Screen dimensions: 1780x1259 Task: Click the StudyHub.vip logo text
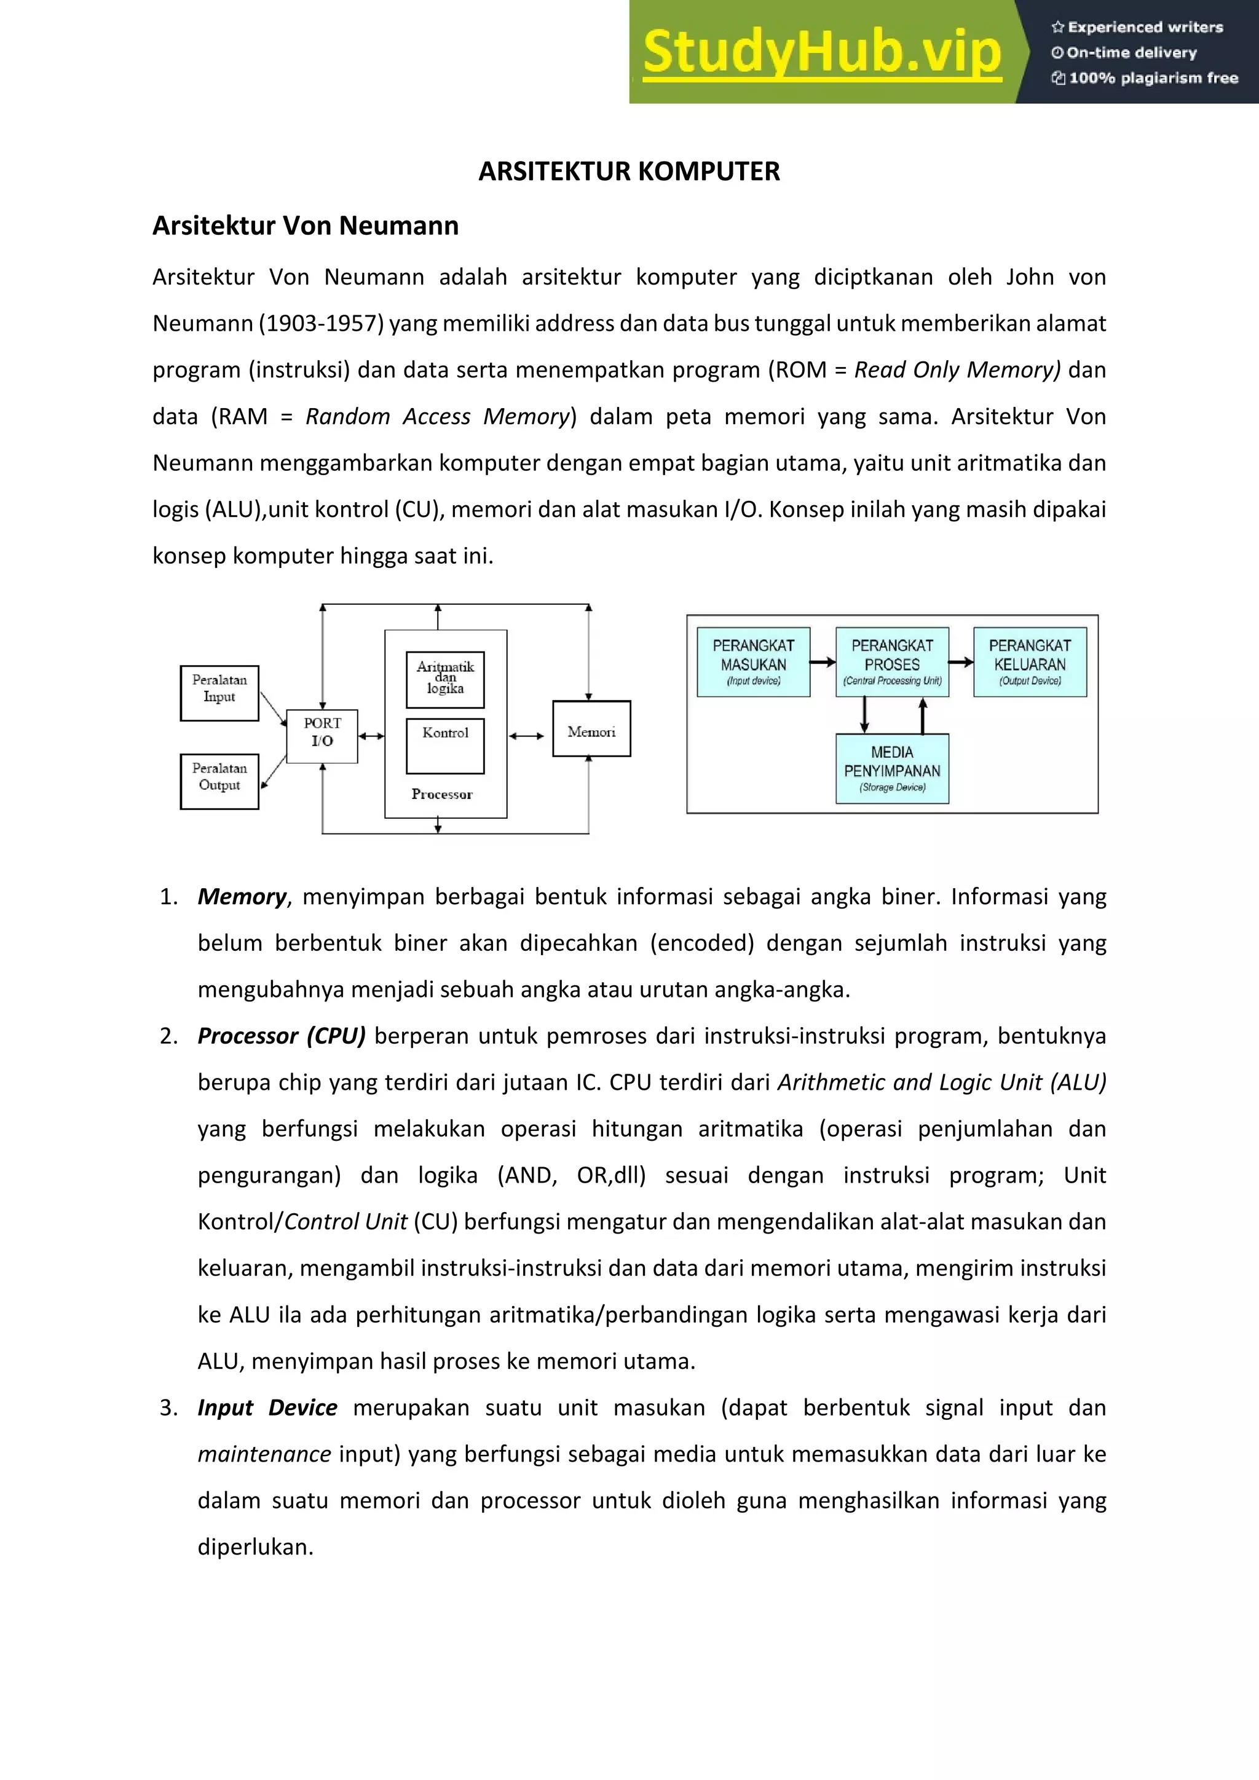(822, 52)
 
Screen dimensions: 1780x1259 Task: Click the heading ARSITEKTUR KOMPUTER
(629, 171)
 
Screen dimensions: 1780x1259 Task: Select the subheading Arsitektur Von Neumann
(306, 226)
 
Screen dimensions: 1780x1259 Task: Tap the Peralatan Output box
(219, 781)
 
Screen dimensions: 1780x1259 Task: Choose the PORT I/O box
(322, 736)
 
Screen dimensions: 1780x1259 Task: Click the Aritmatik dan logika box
(445, 679)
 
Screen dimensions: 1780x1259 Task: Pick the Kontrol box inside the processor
(445, 745)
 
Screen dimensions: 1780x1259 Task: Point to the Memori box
(591, 729)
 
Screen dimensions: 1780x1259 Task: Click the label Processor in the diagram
(442, 794)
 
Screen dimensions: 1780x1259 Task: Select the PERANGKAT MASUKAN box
(753, 662)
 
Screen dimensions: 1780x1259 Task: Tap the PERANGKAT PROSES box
(891, 662)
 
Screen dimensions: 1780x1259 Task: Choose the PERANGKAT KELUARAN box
(1030, 662)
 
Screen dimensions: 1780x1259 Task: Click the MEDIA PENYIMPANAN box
(891, 768)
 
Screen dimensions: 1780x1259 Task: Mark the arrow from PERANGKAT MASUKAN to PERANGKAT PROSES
(823, 662)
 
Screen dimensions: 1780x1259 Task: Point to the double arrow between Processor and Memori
(527, 736)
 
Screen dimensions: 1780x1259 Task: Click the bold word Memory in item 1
(242, 897)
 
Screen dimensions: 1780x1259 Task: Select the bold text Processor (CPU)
(282, 1036)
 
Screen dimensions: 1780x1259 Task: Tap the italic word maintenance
(264, 1454)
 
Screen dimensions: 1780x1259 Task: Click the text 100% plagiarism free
(1153, 78)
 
